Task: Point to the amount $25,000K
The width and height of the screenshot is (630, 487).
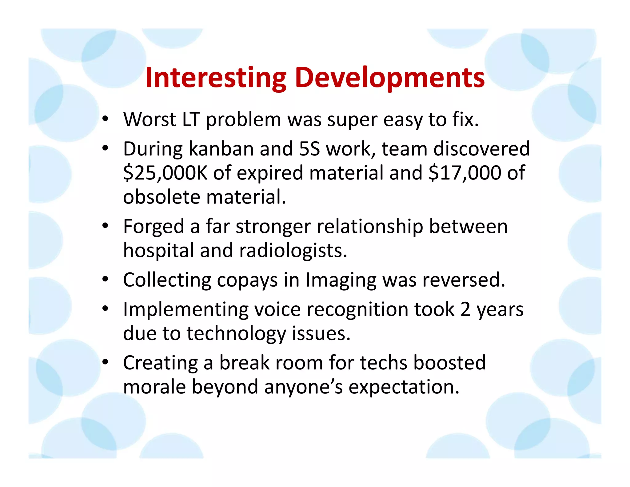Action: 165,173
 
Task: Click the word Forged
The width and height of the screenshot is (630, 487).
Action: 154,227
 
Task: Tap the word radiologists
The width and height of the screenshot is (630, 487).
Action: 293,251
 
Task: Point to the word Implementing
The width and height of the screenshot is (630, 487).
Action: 185,310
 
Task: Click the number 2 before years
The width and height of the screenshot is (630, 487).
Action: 465,310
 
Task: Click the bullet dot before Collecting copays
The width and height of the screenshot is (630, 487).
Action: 105,279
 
